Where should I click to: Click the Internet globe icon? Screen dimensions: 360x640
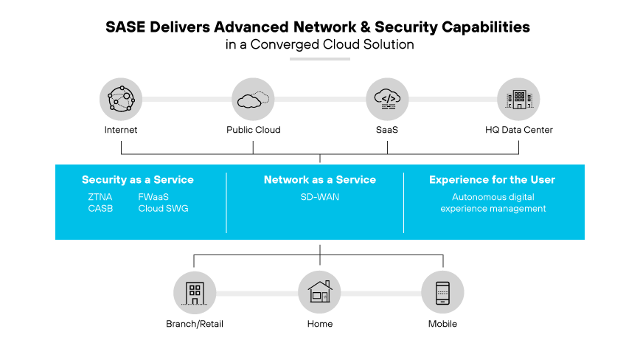(121, 98)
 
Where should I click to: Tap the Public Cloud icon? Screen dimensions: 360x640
(253, 98)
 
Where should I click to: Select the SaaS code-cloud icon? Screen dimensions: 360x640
(387, 98)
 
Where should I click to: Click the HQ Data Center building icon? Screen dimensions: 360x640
(518, 98)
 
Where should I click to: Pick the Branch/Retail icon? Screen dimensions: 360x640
(195, 293)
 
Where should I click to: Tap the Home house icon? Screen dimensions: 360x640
(320, 293)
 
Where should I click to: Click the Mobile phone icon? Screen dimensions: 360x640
(442, 293)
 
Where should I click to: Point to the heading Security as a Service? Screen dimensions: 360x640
(138, 180)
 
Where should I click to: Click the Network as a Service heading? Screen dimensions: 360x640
(320, 180)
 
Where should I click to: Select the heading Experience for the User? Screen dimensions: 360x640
(492, 180)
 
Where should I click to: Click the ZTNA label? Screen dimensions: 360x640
(100, 197)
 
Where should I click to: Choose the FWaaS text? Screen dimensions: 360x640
(154, 197)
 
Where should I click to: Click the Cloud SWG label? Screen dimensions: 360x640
(163, 209)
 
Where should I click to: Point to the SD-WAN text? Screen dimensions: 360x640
(320, 197)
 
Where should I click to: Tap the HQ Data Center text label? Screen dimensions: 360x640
(518, 131)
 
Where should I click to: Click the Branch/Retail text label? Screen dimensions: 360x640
(195, 324)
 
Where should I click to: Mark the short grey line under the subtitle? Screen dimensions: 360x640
(320, 58)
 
